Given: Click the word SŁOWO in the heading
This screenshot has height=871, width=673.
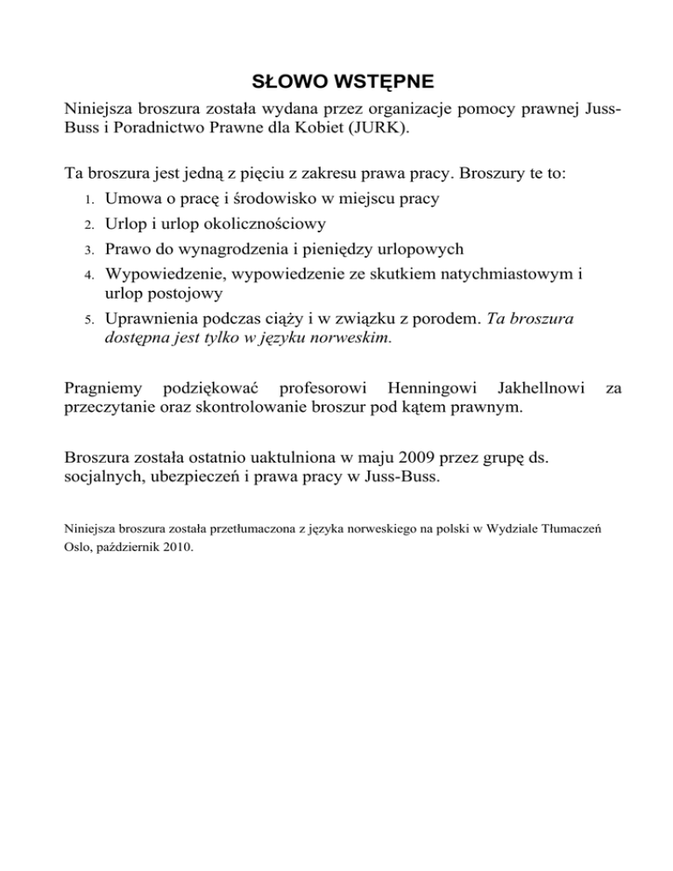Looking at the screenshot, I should (285, 83).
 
